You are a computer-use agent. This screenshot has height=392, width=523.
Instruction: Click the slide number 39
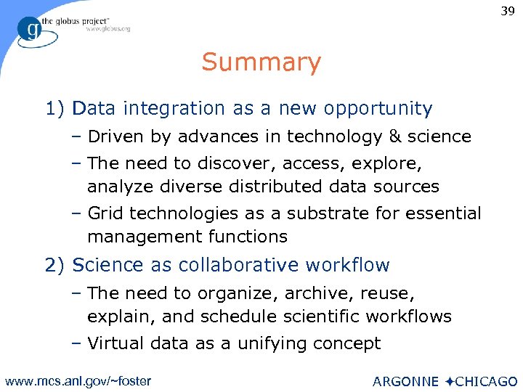click(x=506, y=12)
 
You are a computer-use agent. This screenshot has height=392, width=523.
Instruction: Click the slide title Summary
click(x=261, y=62)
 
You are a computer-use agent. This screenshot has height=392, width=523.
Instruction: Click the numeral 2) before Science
click(x=56, y=265)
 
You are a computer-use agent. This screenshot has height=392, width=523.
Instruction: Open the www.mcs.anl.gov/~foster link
click(x=78, y=380)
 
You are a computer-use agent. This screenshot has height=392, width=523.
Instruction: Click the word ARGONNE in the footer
click(x=405, y=381)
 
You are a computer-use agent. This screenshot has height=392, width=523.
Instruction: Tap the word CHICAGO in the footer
click(x=487, y=381)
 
